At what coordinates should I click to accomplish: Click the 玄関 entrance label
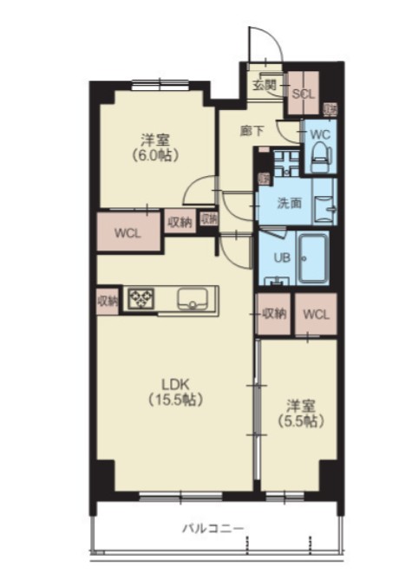pyautogui.click(x=265, y=85)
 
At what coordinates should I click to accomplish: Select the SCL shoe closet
pyautogui.click(x=304, y=94)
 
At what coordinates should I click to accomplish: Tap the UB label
pyautogui.click(x=281, y=257)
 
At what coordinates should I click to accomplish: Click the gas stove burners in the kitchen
pyautogui.click(x=140, y=300)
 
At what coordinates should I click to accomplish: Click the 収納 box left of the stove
pyautogui.click(x=107, y=301)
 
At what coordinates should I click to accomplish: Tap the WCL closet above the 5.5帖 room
pyautogui.click(x=317, y=313)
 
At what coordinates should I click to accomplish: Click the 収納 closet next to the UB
pyautogui.click(x=274, y=313)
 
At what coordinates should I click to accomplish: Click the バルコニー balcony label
pyautogui.click(x=213, y=528)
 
